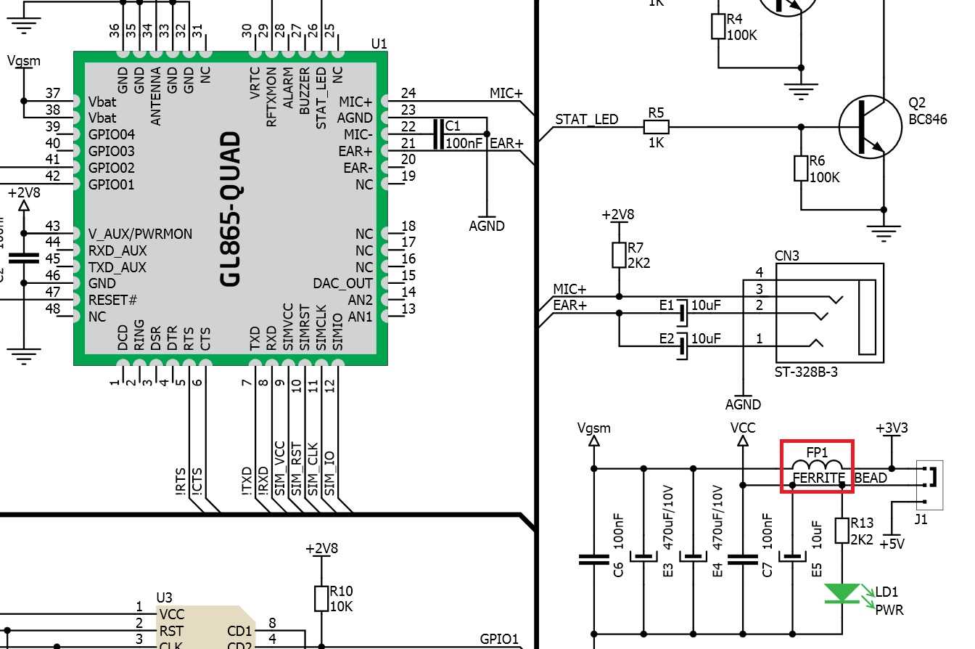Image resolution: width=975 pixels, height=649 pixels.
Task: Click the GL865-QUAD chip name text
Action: click(x=231, y=208)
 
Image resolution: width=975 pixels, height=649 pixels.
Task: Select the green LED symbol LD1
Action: click(x=842, y=593)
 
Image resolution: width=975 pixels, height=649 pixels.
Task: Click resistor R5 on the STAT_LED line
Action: click(x=656, y=128)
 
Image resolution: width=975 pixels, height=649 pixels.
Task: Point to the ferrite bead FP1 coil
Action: click(x=817, y=466)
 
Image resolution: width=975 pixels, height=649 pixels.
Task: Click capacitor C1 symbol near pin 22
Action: click(x=437, y=134)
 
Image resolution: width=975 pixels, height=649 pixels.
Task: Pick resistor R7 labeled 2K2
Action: click(x=619, y=255)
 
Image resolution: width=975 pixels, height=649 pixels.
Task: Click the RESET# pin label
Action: click(x=112, y=300)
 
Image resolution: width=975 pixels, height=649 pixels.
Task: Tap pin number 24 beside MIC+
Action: click(x=408, y=93)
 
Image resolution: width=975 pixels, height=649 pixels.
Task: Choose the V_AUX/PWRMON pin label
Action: click(x=140, y=234)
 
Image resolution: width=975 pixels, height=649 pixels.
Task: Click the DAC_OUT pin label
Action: click(x=342, y=283)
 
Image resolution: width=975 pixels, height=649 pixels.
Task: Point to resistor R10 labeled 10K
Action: click(x=321, y=598)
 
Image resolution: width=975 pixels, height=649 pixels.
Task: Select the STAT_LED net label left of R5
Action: click(x=586, y=119)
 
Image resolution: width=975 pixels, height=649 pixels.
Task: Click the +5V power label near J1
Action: click(x=892, y=543)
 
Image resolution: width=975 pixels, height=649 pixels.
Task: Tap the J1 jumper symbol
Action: click(x=929, y=483)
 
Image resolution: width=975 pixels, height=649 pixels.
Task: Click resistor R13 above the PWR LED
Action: click(x=842, y=530)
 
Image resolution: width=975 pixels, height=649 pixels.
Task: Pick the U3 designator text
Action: click(x=165, y=597)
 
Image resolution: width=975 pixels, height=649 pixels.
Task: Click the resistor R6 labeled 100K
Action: click(x=801, y=168)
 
